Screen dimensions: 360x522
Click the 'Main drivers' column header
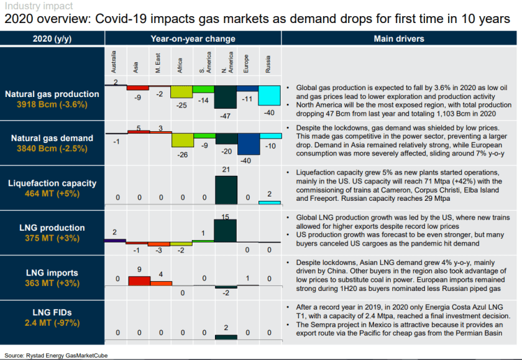pos(399,39)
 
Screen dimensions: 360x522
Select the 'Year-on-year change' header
pos(193,39)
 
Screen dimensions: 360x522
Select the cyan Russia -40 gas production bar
pos(269,96)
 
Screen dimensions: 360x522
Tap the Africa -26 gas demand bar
pos(182,139)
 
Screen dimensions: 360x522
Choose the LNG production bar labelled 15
pos(226,231)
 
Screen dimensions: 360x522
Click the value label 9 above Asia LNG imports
pos(139,269)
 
